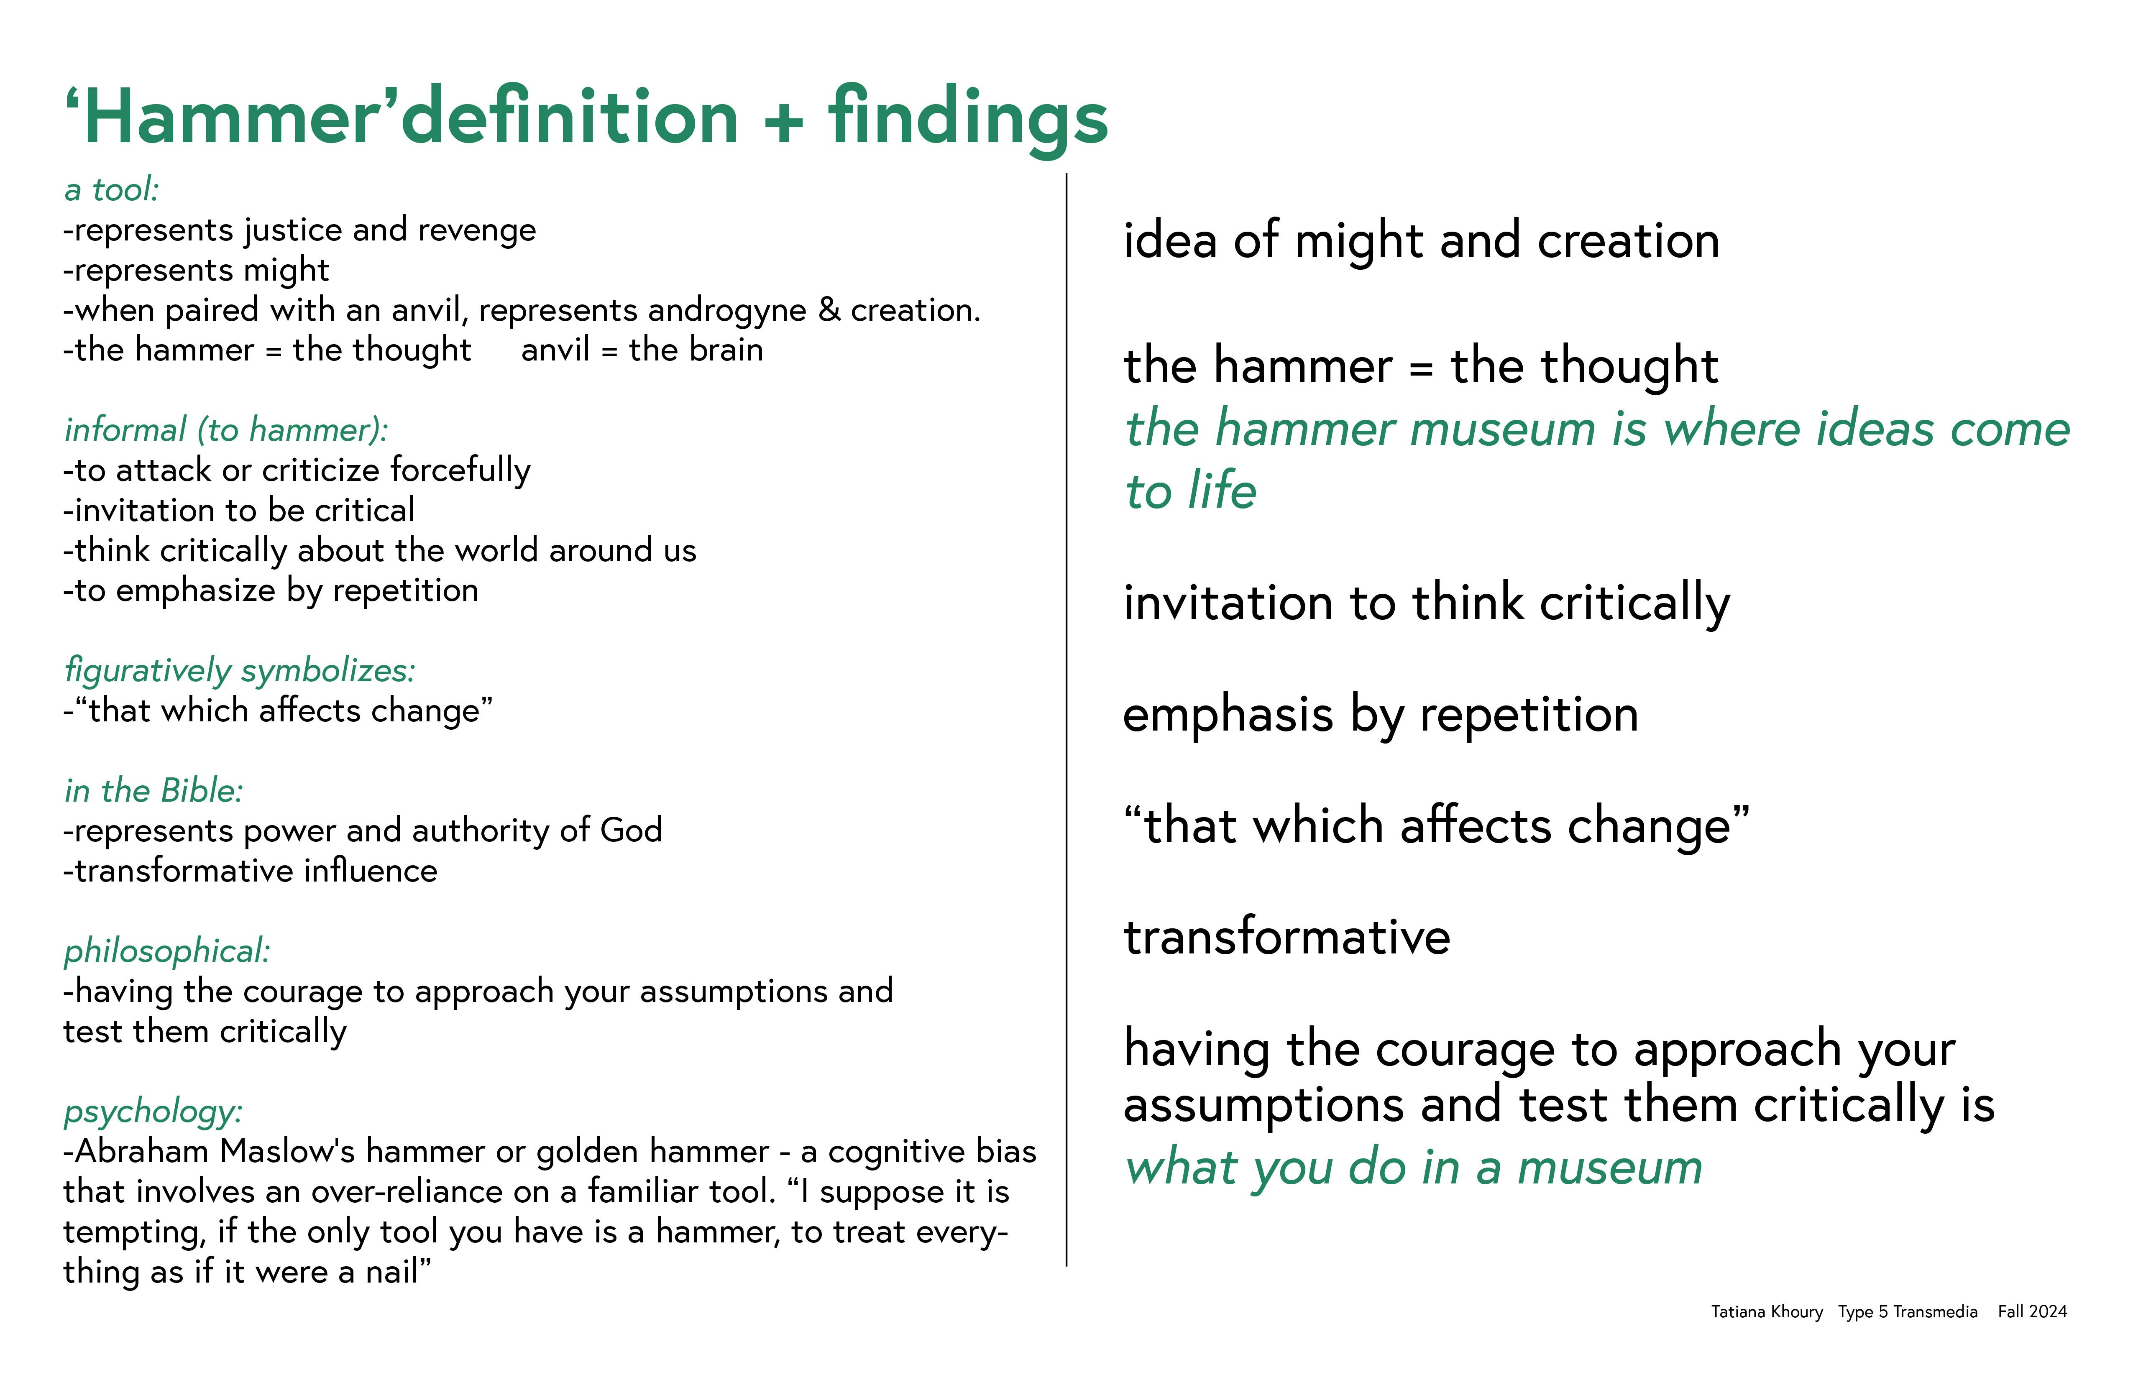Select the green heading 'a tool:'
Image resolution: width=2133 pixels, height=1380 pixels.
tap(112, 190)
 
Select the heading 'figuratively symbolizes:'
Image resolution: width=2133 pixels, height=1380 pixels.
tap(240, 670)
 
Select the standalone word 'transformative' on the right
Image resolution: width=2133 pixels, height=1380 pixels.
tap(1287, 937)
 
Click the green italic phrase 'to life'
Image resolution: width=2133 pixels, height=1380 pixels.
tap(1191, 491)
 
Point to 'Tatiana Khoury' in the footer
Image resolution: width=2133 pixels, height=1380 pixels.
tap(1767, 1312)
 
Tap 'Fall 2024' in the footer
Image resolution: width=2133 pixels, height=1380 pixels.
tap(2032, 1312)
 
